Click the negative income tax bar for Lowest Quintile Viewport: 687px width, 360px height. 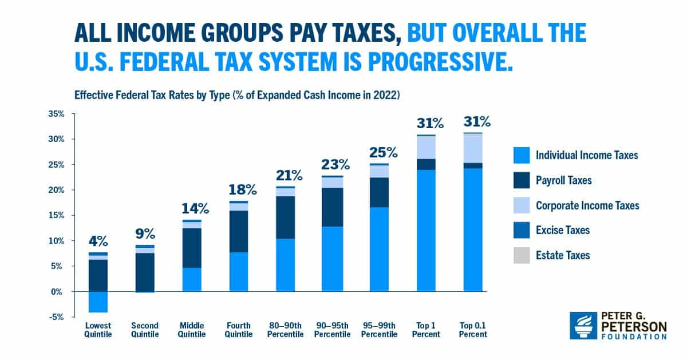(x=98, y=302)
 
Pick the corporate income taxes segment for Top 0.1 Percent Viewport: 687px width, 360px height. (x=472, y=148)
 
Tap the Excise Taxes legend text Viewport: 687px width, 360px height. (x=562, y=231)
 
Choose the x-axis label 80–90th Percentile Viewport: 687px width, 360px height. (x=285, y=330)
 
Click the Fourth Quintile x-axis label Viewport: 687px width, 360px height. (x=238, y=330)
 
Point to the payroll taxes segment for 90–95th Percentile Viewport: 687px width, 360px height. (x=332, y=207)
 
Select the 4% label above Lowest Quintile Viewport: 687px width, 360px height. (x=98, y=241)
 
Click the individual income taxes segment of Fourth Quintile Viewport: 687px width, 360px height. (x=238, y=272)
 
